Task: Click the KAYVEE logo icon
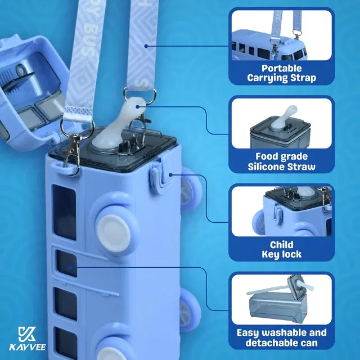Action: (x=27, y=334)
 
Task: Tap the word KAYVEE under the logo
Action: (x=28, y=347)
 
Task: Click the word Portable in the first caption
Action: (x=282, y=69)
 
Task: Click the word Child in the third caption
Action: (x=282, y=245)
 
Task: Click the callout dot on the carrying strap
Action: (x=146, y=46)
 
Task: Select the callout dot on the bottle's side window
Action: (x=70, y=267)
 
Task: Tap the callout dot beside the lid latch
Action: (x=170, y=175)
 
